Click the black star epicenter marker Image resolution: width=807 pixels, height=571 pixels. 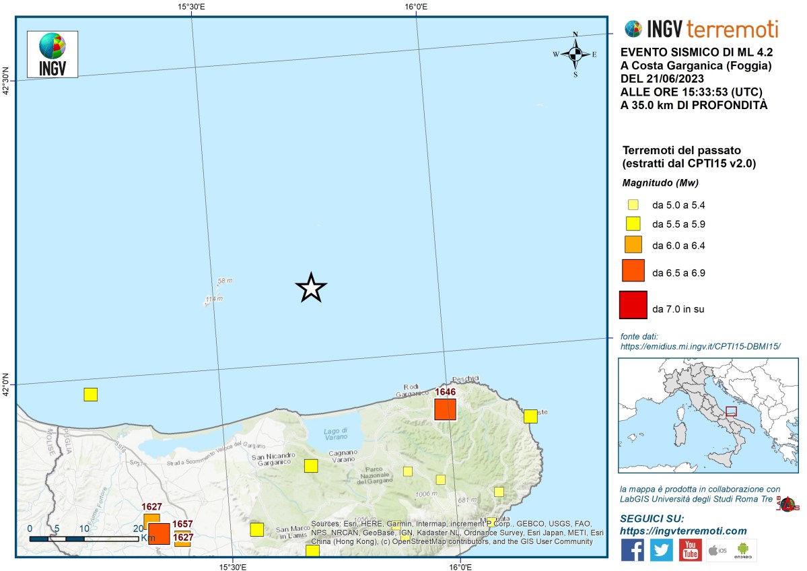[x=311, y=288]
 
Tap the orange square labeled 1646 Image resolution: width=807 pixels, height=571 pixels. [x=445, y=409]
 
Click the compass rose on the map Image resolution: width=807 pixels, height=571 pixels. [x=575, y=54]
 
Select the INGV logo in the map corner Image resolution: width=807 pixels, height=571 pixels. [x=52, y=54]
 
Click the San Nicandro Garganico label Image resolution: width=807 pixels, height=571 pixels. [x=275, y=460]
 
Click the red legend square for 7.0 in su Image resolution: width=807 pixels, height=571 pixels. [x=633, y=305]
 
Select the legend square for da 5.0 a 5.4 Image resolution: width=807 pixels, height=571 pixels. [x=633, y=205]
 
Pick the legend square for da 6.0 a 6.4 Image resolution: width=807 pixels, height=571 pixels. [x=633, y=244]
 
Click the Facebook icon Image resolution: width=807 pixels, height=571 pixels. [x=633, y=549]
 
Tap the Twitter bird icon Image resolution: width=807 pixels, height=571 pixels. [x=662, y=549]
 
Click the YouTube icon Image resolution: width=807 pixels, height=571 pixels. [x=690, y=549]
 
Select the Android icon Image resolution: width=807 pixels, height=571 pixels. [x=743, y=549]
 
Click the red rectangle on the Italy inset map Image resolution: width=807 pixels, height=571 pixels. [x=732, y=411]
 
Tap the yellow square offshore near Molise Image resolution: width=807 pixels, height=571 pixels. [x=90, y=395]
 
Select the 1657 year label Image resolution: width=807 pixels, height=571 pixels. [x=182, y=524]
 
